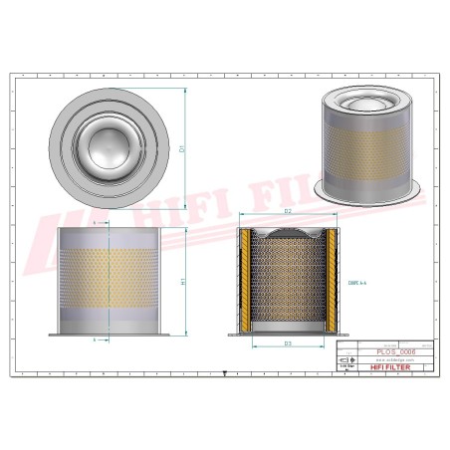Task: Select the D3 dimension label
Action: (287, 343)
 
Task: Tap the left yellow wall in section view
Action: (245, 278)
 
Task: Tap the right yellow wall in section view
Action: (328, 278)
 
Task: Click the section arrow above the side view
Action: (96, 226)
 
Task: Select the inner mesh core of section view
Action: (287, 284)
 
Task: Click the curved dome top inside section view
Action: (287, 234)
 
